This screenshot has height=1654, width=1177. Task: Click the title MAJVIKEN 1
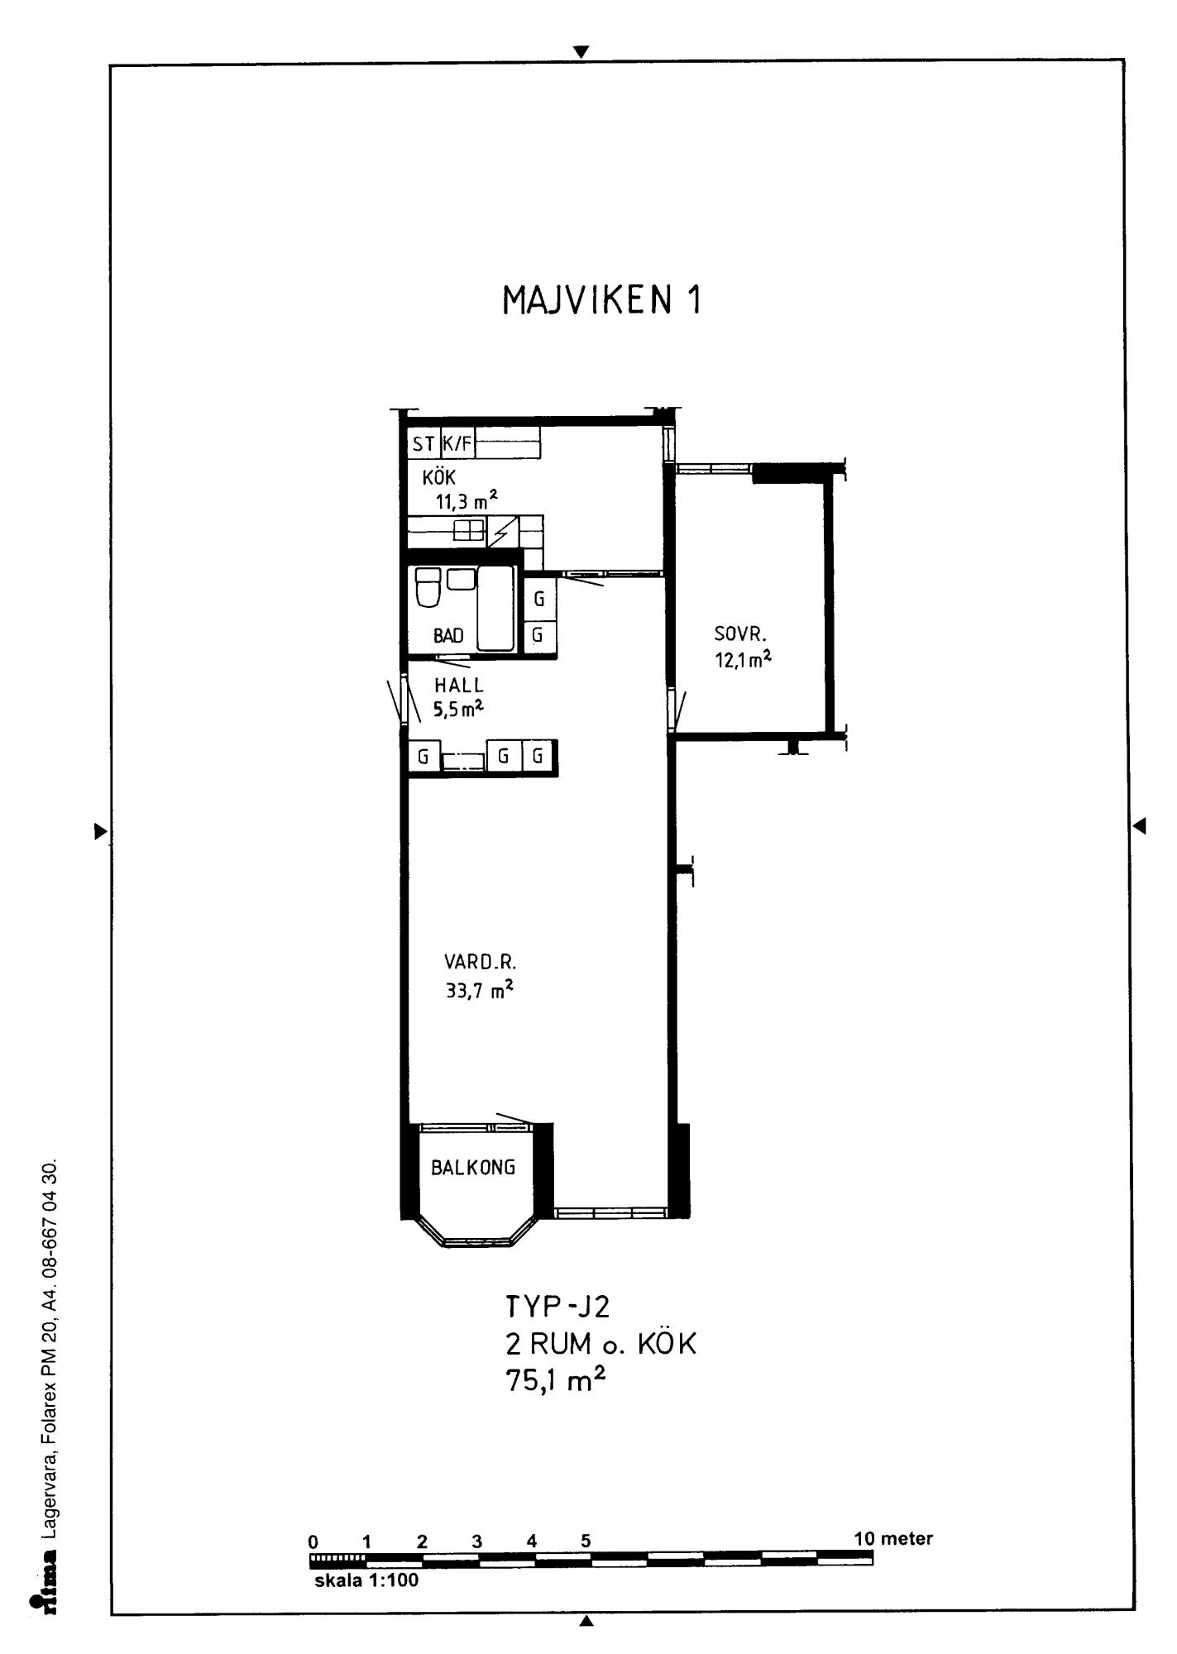pyautogui.click(x=601, y=299)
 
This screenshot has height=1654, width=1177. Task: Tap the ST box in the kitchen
pyautogui.click(x=424, y=444)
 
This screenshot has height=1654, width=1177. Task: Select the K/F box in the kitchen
pyautogui.click(x=457, y=444)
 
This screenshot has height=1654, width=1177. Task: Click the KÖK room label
pyautogui.click(x=439, y=477)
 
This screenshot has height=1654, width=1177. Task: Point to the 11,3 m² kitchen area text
pyautogui.click(x=466, y=500)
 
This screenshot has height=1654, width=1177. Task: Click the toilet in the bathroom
pyautogui.click(x=428, y=588)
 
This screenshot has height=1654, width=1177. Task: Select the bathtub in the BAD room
pyautogui.click(x=495, y=608)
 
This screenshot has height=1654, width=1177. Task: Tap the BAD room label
pyautogui.click(x=448, y=636)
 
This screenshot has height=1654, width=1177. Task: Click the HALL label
pyautogui.click(x=459, y=686)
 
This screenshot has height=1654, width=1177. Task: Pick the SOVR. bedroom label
pyautogui.click(x=741, y=635)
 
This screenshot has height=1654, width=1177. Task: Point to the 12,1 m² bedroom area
pyautogui.click(x=744, y=659)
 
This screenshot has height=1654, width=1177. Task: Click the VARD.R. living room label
pyautogui.click(x=480, y=963)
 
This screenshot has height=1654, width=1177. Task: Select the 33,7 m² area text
pyautogui.click(x=479, y=989)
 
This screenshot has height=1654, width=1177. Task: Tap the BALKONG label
pyautogui.click(x=473, y=1167)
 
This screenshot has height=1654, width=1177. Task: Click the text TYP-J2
pyautogui.click(x=557, y=1307)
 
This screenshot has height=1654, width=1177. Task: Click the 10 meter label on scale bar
pyautogui.click(x=893, y=1538)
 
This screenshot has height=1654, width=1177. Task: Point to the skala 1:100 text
pyautogui.click(x=366, y=1580)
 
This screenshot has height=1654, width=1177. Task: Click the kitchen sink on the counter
pyautogui.click(x=468, y=530)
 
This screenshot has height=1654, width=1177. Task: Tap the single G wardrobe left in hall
pyautogui.click(x=423, y=756)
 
